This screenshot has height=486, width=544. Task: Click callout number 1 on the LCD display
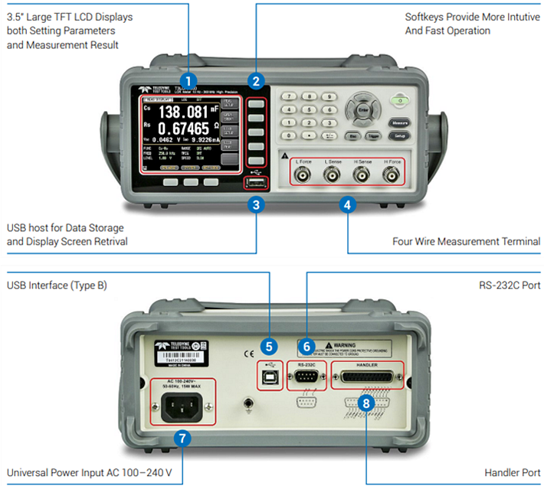(189, 80)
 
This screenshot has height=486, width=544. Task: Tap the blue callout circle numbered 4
(347, 204)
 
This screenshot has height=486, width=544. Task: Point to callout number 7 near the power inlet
(182, 438)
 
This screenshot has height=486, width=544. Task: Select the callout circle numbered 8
(367, 402)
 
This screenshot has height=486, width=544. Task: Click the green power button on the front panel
(398, 99)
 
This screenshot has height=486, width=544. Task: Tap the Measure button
(398, 122)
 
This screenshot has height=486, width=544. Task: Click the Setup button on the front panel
(398, 135)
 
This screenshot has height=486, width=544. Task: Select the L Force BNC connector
(301, 175)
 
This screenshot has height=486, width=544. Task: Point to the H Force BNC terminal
(393, 175)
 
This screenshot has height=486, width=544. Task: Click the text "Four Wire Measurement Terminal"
(466, 242)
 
